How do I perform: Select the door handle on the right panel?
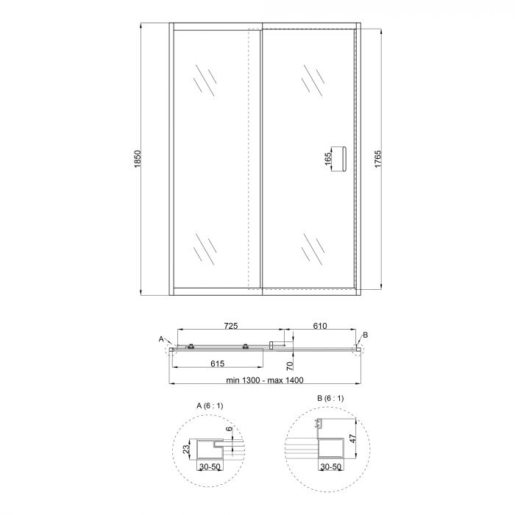(339, 158)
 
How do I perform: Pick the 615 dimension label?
(217, 363)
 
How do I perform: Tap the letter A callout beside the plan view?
(161, 338)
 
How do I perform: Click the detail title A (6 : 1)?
(212, 406)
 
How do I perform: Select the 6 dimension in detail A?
(229, 430)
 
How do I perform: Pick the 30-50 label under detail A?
(212, 466)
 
